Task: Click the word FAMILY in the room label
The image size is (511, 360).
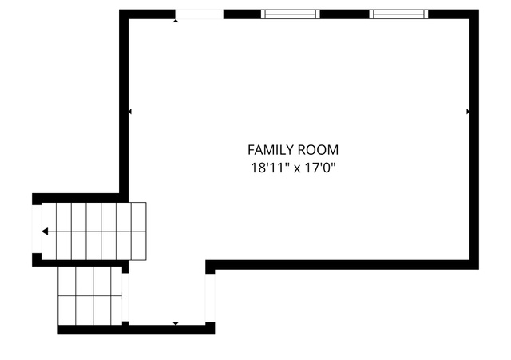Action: point(271,150)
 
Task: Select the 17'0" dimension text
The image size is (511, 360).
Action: point(319,168)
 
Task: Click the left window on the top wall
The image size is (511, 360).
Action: point(291,14)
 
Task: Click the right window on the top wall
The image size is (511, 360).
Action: point(398,14)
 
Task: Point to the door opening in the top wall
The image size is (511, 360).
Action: point(200,14)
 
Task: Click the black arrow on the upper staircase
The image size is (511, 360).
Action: point(45,231)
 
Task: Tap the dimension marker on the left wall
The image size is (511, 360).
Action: point(130,112)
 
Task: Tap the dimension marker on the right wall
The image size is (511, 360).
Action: point(468,112)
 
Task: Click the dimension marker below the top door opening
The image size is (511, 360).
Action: point(176,21)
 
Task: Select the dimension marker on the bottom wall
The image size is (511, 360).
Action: point(176,323)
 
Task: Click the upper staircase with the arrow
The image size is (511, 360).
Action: point(94,231)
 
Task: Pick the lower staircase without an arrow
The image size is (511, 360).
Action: point(90,296)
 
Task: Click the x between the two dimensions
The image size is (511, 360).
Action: point(297,169)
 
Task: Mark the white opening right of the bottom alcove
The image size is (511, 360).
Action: point(210,298)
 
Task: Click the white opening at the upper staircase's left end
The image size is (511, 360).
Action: point(37,229)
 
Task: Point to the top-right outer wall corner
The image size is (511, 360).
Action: point(479,10)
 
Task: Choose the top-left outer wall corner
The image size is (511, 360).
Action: point(119,10)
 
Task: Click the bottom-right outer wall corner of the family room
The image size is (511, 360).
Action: point(479,269)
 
